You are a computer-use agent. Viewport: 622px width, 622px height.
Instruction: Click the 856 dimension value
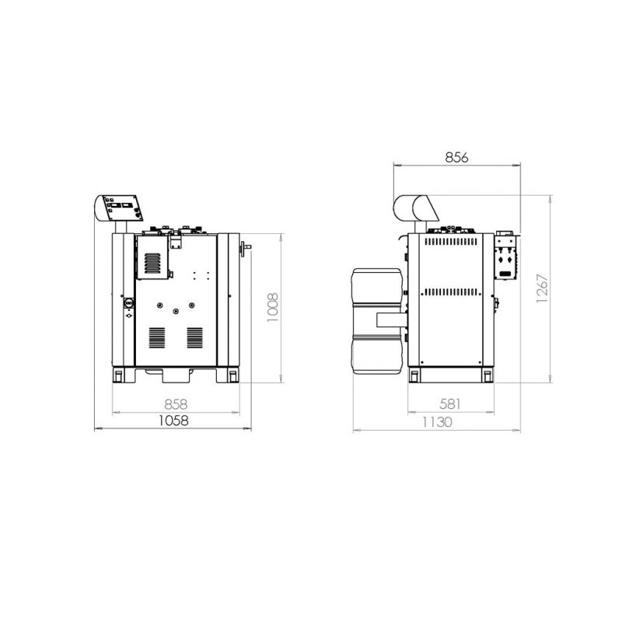tap(456, 158)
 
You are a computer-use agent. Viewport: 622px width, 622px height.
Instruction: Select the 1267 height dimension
tap(542, 288)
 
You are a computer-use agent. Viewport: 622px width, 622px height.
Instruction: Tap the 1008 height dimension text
tap(273, 307)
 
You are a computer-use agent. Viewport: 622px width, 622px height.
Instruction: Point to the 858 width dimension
tap(176, 404)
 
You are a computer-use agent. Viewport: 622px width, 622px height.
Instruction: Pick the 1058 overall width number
tap(173, 421)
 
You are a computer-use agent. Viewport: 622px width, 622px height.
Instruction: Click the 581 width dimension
tap(450, 404)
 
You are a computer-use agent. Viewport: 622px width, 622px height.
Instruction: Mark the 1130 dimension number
tap(437, 422)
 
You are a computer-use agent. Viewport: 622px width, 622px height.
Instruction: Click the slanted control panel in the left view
tap(123, 208)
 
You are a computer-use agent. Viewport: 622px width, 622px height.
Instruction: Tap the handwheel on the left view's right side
tap(243, 249)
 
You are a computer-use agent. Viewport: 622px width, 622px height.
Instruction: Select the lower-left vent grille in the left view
tap(157, 337)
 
